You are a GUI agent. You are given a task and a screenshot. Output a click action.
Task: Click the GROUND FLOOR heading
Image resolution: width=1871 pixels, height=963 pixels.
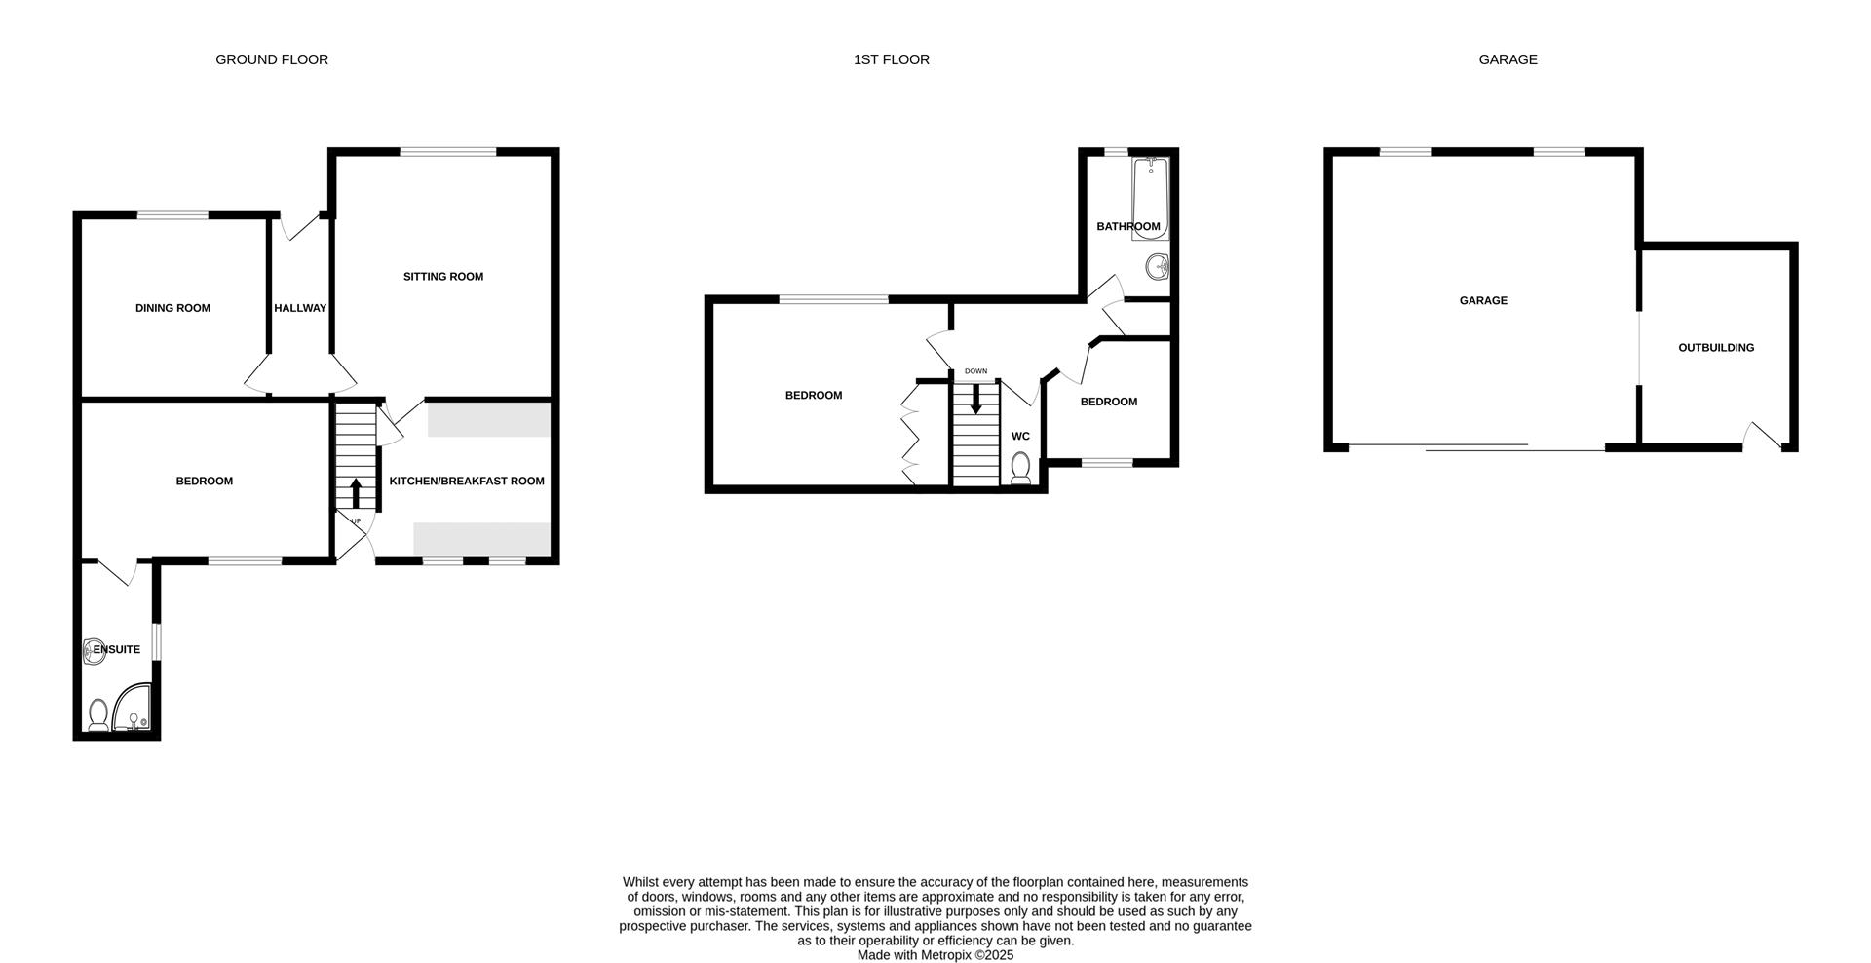pos(272,59)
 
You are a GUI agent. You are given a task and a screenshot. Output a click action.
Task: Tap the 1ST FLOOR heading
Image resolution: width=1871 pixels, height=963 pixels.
pos(891,59)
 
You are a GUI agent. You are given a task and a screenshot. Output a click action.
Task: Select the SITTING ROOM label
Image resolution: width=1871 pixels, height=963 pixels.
pos(443,277)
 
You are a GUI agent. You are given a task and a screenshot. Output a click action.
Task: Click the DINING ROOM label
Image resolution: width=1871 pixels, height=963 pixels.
pos(172,308)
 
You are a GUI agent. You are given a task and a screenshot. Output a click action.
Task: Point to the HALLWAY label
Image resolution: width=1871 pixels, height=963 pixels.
pos(300,308)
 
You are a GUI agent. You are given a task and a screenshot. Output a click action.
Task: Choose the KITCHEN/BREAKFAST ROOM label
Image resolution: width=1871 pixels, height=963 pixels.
pos(467,481)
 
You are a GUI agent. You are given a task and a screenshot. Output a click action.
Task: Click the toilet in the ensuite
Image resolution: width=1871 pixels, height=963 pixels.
pos(97,715)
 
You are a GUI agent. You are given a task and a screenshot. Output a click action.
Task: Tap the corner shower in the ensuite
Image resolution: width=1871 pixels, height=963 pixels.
pos(134,710)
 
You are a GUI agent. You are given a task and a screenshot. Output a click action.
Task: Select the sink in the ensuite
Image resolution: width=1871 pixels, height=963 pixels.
pos(94,651)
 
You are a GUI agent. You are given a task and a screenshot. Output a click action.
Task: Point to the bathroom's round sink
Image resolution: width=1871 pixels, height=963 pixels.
pos(1158,266)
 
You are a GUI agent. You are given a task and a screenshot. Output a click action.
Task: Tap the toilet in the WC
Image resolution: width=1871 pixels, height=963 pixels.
pos(1021,468)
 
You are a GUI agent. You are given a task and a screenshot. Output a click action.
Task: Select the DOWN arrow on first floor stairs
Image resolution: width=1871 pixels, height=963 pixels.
pos(975,399)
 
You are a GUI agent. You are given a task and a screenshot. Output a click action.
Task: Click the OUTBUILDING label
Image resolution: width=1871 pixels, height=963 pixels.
pos(1715,348)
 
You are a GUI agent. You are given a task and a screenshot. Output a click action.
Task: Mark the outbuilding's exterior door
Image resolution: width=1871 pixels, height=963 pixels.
pos(1765,435)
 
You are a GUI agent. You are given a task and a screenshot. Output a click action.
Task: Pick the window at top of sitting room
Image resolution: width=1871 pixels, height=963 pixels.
pos(448,151)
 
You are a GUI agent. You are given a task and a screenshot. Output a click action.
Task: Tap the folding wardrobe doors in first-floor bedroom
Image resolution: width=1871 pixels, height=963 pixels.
pos(909,433)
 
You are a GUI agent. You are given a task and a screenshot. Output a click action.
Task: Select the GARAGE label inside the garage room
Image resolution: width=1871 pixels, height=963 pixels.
pos(1482,301)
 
